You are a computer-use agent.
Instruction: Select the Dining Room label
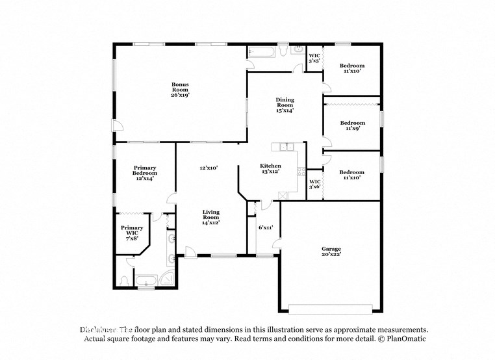click(x=285, y=105)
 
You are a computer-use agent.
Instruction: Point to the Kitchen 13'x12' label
click(x=270, y=169)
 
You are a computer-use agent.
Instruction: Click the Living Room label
click(x=210, y=217)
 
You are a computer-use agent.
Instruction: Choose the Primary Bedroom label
click(x=145, y=173)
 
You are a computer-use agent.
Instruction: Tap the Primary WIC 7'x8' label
click(x=132, y=232)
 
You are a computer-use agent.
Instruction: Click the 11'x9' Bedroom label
click(x=353, y=125)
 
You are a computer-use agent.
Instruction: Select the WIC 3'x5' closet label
click(x=314, y=58)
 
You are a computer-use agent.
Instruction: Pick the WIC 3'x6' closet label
click(x=314, y=184)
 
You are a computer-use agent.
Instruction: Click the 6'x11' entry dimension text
click(x=266, y=227)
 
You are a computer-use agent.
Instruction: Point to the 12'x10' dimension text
click(x=209, y=168)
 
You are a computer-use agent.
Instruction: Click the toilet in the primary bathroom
click(x=123, y=281)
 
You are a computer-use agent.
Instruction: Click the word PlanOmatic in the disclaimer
click(x=406, y=339)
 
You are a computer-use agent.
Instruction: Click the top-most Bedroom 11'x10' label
click(x=353, y=68)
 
